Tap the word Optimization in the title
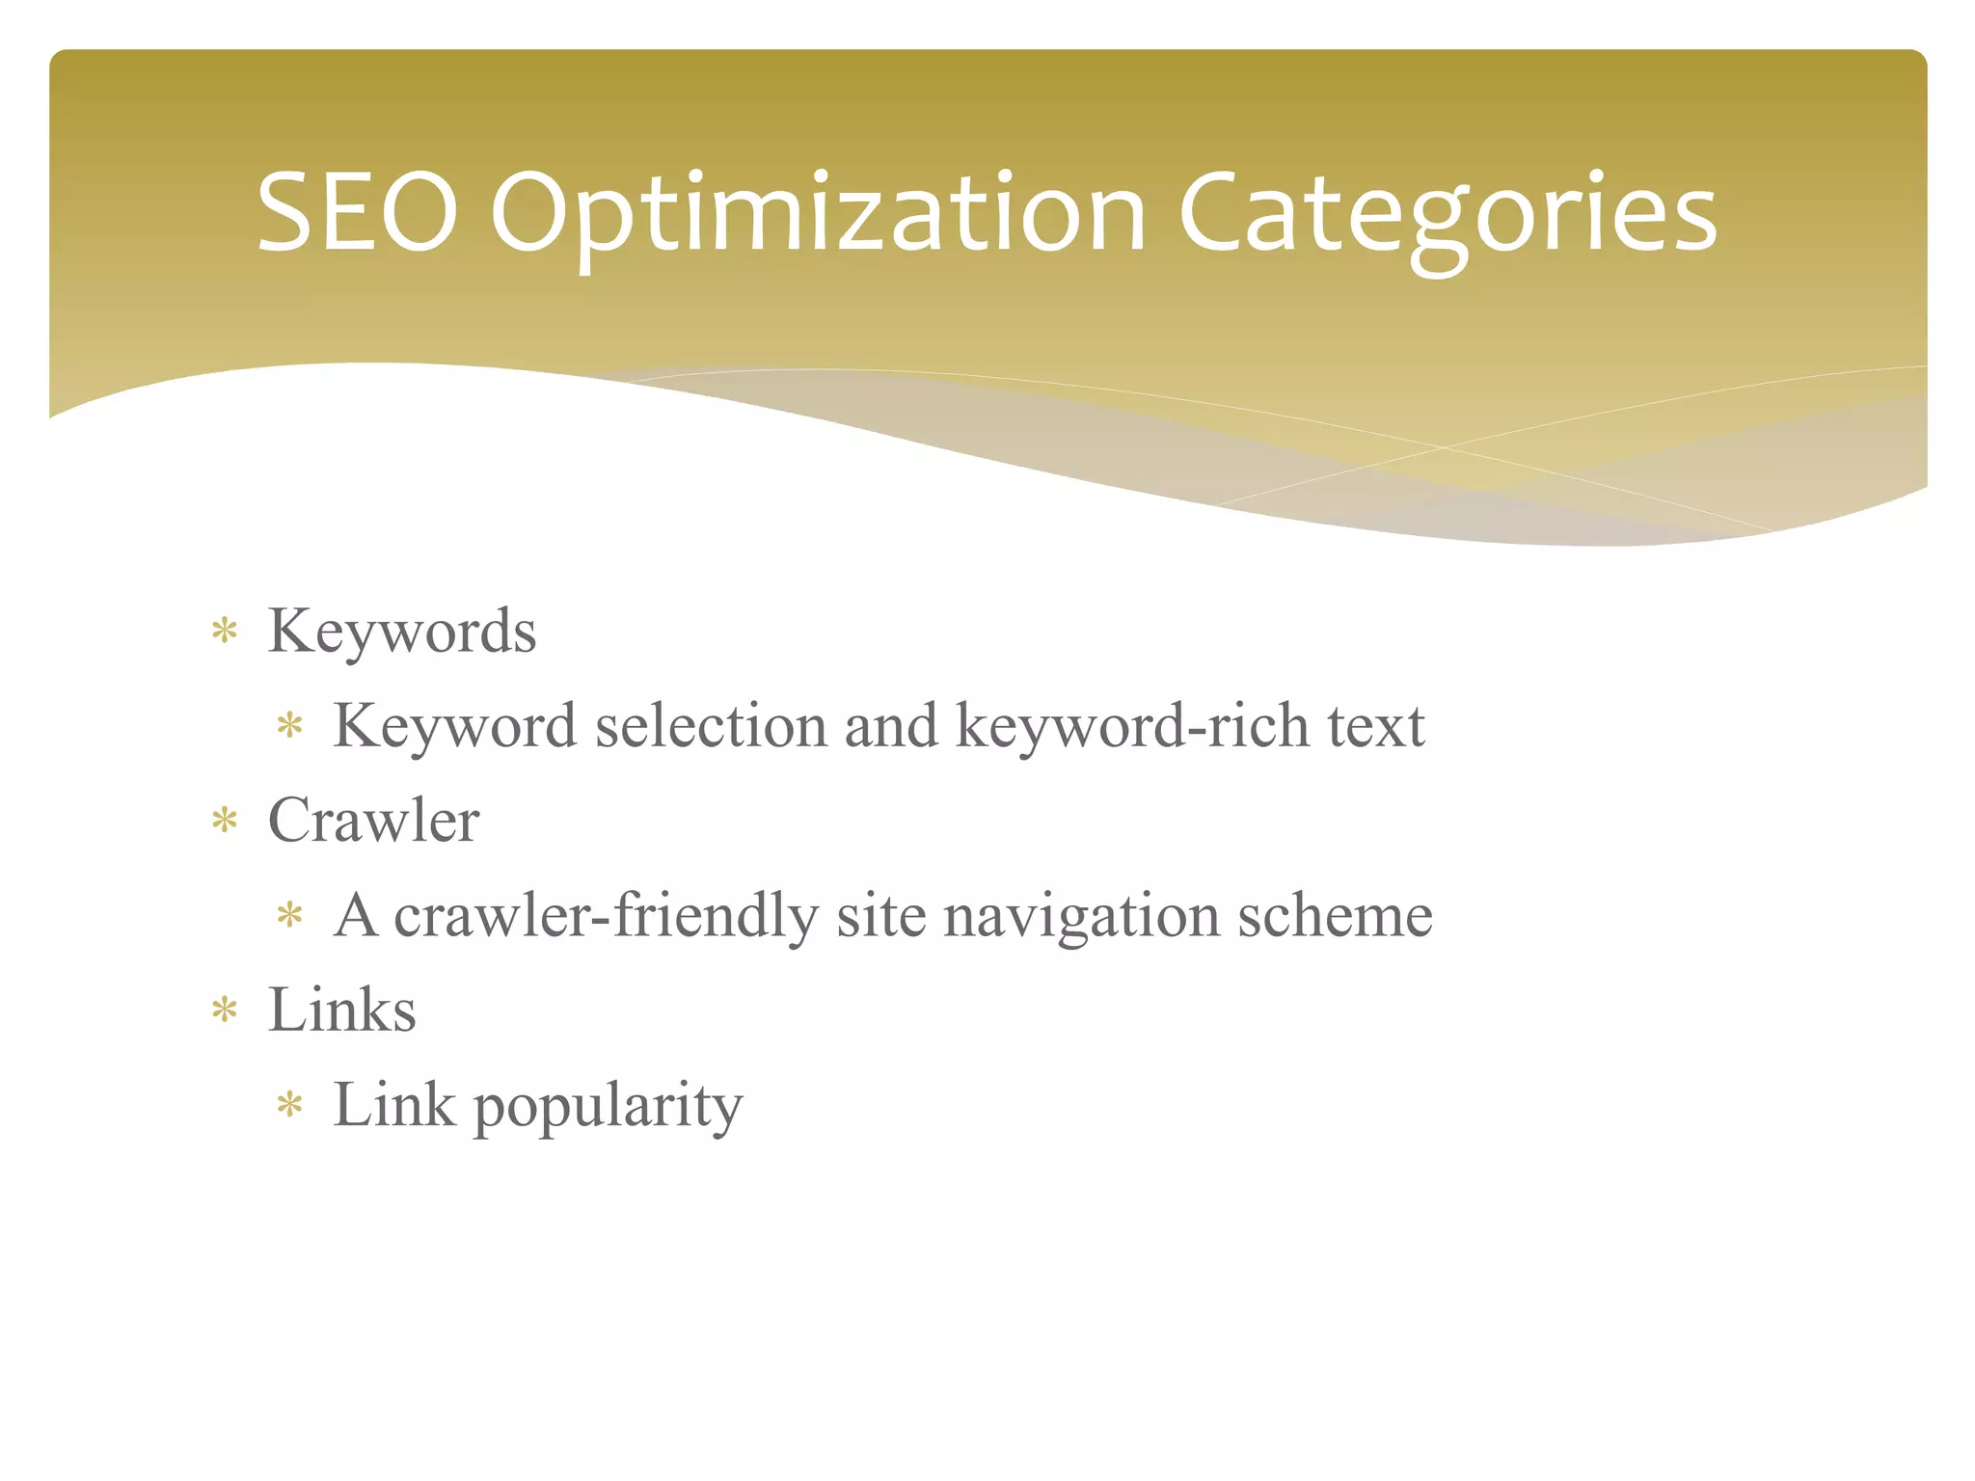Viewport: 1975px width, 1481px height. coord(818,214)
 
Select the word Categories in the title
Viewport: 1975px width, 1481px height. coord(1447,214)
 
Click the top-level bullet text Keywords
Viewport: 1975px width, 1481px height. coord(401,632)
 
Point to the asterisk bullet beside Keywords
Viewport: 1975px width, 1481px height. coord(225,632)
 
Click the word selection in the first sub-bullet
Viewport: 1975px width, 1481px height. coord(711,725)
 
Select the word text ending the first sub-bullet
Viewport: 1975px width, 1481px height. coord(1375,725)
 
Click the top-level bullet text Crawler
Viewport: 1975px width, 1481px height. coord(373,821)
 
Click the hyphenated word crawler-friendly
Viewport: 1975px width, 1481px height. coord(606,915)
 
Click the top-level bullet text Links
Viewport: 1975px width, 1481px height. coord(341,1010)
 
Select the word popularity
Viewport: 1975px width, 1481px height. coord(608,1106)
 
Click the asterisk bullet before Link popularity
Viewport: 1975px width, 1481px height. coord(289,1105)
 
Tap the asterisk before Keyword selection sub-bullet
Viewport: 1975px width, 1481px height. coord(289,725)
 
